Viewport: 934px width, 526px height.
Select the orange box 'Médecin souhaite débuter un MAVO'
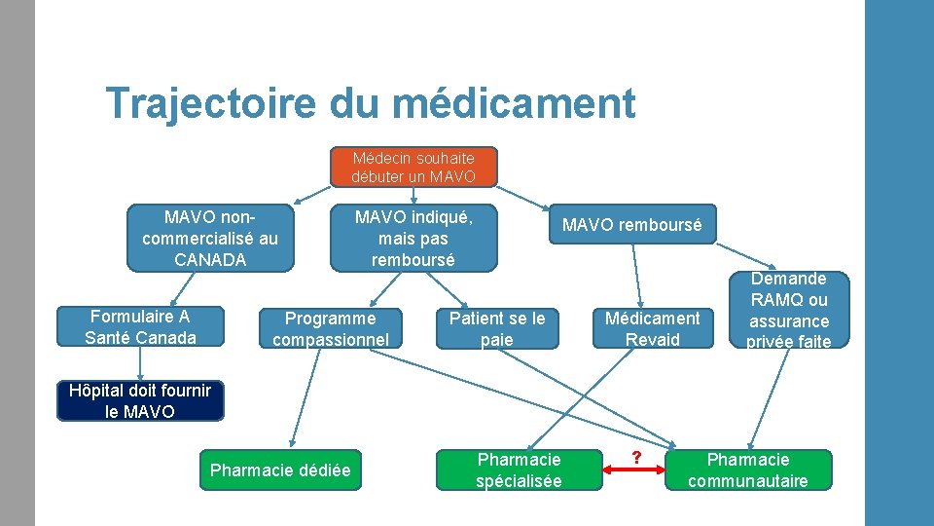[x=413, y=167]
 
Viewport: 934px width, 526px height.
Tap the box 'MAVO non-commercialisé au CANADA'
[x=209, y=237]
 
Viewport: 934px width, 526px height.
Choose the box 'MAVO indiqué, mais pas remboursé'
[x=413, y=237]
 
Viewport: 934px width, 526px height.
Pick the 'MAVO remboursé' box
[x=631, y=225]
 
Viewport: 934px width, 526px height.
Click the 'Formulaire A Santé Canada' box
[x=140, y=326]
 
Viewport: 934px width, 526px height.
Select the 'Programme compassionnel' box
[x=330, y=328]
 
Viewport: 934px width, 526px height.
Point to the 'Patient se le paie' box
[x=497, y=328]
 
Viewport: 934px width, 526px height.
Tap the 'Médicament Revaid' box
[x=652, y=328]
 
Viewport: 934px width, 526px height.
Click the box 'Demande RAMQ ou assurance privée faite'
[x=788, y=310]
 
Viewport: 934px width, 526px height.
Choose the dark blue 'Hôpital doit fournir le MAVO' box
[x=140, y=400]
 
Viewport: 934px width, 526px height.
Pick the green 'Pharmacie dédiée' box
[x=280, y=470]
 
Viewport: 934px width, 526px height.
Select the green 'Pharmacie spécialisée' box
[x=519, y=470]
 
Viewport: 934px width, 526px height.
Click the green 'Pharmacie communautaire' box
[x=747, y=470]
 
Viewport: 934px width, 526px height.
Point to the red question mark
[x=636, y=458]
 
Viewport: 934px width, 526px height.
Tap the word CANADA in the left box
[x=210, y=259]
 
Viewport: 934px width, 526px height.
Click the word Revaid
[x=652, y=339]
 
